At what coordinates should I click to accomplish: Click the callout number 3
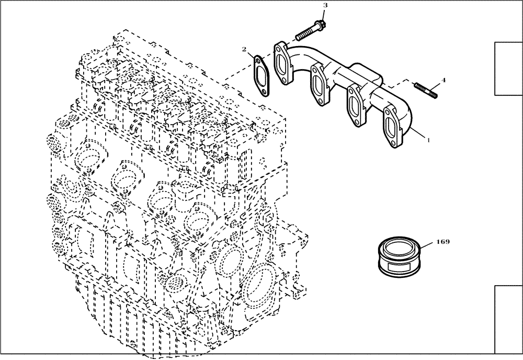click(325, 5)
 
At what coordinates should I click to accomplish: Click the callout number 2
click(244, 49)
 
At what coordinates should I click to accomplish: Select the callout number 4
click(444, 80)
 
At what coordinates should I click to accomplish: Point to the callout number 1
click(429, 140)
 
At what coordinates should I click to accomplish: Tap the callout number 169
click(442, 242)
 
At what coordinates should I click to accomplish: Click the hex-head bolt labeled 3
click(309, 32)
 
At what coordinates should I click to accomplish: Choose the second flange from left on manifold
click(320, 84)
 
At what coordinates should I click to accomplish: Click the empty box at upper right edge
click(508, 69)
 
